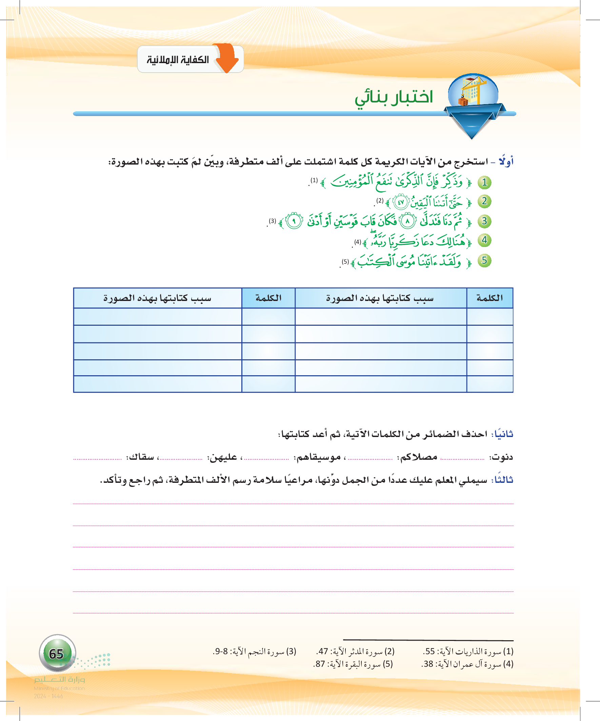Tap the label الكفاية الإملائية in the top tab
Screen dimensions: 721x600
(178, 60)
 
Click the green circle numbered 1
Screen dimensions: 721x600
(484, 182)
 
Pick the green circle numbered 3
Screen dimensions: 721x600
(484, 221)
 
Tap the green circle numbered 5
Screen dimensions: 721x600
(484, 260)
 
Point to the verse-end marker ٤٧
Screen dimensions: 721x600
(400, 202)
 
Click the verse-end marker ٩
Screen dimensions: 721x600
(294, 221)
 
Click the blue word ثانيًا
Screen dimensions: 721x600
(503, 434)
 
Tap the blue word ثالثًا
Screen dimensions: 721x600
(503, 480)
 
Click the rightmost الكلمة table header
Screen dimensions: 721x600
(489, 298)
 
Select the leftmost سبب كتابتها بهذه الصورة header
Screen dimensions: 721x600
(158, 298)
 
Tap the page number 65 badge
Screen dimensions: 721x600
(57, 653)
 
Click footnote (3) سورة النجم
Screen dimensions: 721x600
(254, 651)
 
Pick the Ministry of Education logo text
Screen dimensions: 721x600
(59, 683)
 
